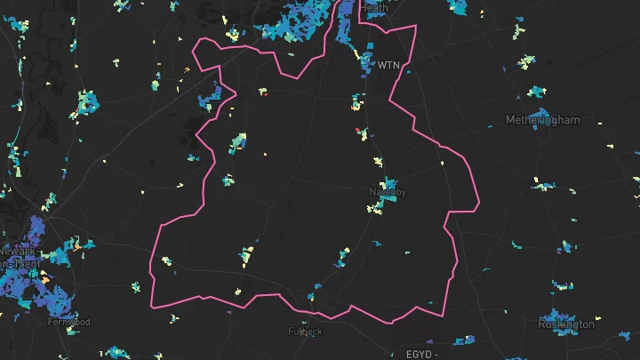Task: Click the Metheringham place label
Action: (542, 120)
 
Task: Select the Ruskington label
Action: (566, 324)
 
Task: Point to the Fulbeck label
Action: (306, 332)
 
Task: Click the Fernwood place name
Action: (69, 321)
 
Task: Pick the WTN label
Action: (389, 65)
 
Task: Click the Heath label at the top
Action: (374, 7)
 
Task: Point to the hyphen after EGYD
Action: (436, 355)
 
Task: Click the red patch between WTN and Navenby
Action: (358, 130)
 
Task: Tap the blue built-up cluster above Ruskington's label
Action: (556, 314)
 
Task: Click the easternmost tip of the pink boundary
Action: (479, 205)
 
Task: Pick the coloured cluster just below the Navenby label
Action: (380, 206)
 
